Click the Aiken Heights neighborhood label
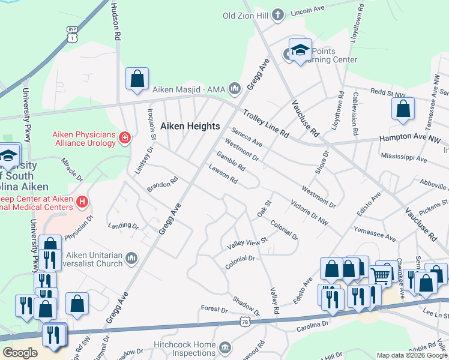[190, 127]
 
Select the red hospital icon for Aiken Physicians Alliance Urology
[125, 138]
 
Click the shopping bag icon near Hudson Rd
[137, 79]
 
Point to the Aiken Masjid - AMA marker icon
[234, 89]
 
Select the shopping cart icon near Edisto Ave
[381, 275]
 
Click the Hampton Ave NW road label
[409, 139]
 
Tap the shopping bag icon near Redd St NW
[403, 109]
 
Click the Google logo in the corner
[20, 353]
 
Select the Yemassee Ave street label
[374, 235]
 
